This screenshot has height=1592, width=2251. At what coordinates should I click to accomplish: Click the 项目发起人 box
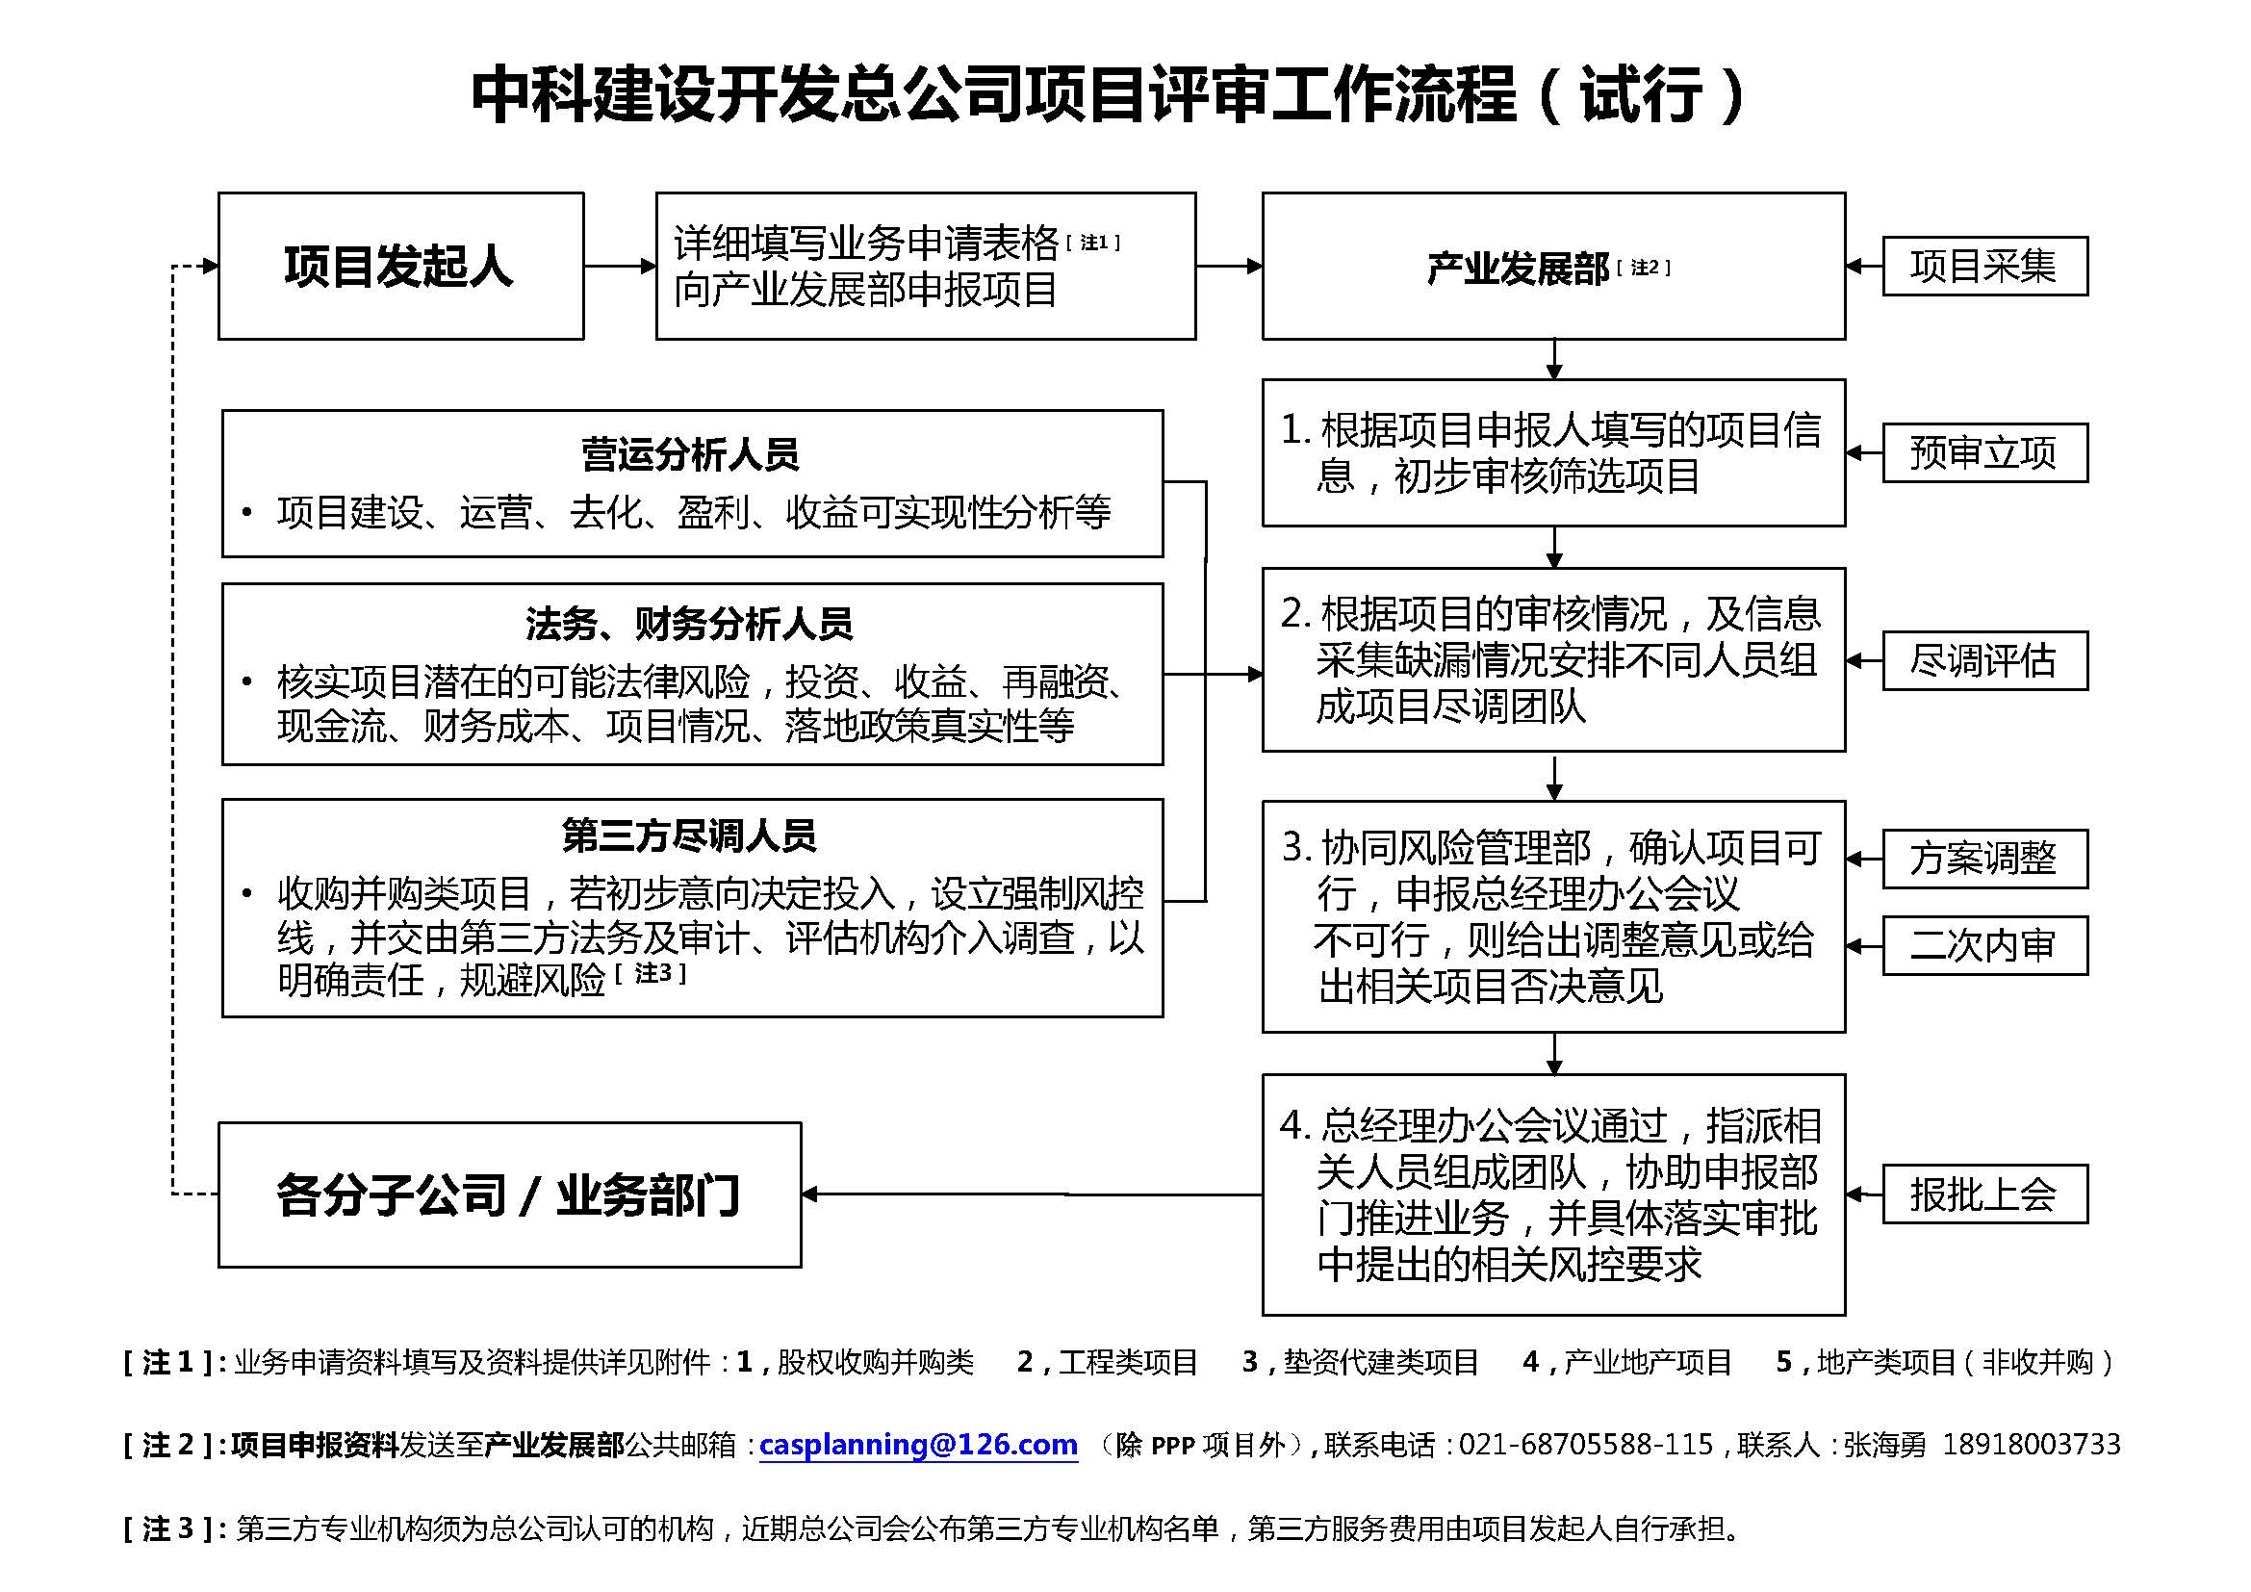click(400, 266)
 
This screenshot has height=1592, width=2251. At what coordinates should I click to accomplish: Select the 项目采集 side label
click(1983, 266)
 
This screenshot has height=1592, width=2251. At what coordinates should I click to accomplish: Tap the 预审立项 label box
click(1983, 453)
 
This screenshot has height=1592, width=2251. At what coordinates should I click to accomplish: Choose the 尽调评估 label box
click(1983, 659)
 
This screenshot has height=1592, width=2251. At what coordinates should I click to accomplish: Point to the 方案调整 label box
click(1983, 859)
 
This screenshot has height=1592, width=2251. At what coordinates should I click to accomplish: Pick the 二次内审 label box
click(1983, 945)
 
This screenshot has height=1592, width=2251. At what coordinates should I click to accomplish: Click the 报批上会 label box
click(1983, 1194)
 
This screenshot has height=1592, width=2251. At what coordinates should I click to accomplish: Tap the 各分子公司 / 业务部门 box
click(509, 1195)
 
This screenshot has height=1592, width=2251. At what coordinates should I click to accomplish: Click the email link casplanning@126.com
click(918, 1444)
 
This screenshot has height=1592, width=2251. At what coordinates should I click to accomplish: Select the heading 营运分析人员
click(691, 454)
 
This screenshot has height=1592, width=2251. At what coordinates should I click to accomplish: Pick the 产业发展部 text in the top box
click(1518, 268)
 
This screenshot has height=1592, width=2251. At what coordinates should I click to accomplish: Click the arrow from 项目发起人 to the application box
click(620, 266)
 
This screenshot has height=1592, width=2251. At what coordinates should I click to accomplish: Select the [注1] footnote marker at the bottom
click(174, 1362)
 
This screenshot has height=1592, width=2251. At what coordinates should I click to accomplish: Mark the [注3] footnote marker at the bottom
click(174, 1528)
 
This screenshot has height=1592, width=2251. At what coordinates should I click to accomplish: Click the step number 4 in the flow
click(1293, 1125)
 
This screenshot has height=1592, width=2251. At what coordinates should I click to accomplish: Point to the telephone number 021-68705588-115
click(1585, 1444)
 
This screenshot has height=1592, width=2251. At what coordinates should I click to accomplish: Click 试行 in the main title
click(1643, 95)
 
